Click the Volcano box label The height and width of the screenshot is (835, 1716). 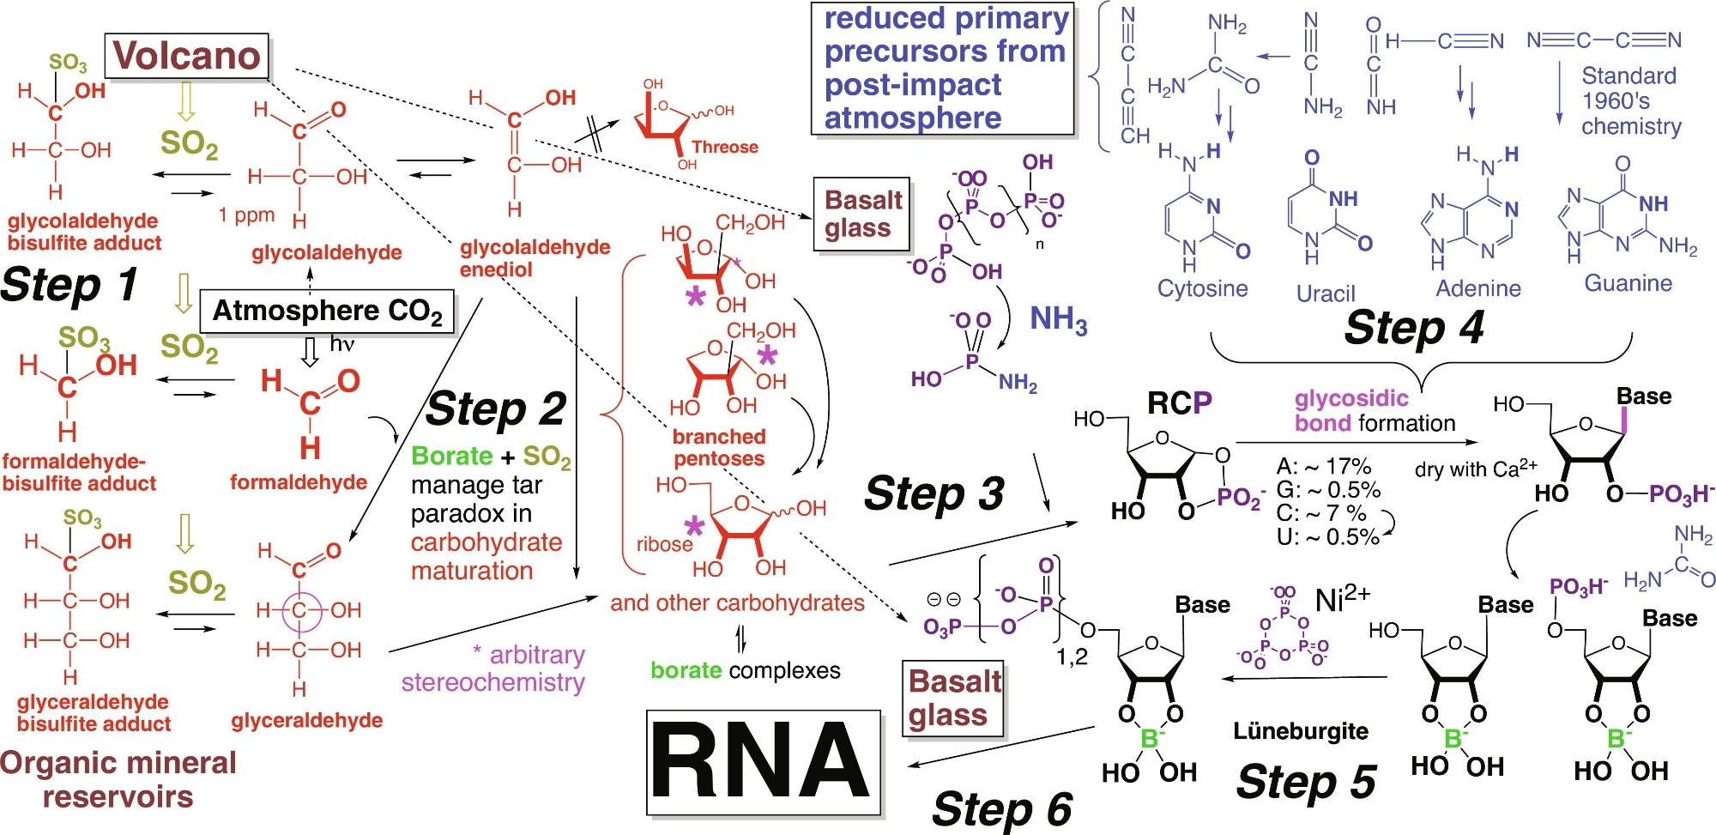tap(186, 56)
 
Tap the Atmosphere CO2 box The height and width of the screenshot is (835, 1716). tap(327, 311)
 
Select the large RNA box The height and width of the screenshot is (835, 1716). tap(763, 761)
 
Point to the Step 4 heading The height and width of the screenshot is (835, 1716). tap(1413, 327)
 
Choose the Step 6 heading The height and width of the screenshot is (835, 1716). tap(1001, 808)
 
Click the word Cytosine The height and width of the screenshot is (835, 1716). tap(1202, 288)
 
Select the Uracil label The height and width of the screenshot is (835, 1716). tap(1325, 293)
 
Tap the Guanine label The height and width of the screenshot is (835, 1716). tap(1627, 283)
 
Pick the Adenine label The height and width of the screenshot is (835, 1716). tap(1477, 288)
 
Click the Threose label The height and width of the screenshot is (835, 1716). tap(724, 147)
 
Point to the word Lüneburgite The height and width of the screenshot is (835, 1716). tap(1300, 731)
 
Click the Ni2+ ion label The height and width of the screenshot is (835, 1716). tap(1342, 598)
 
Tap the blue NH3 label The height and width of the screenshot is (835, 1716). tap(1058, 319)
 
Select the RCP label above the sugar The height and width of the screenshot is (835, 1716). tap(1179, 402)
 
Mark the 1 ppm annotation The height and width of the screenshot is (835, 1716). tap(246, 215)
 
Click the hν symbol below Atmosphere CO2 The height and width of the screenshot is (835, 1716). tap(341, 344)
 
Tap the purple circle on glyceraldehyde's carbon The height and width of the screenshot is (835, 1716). tap(299, 610)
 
